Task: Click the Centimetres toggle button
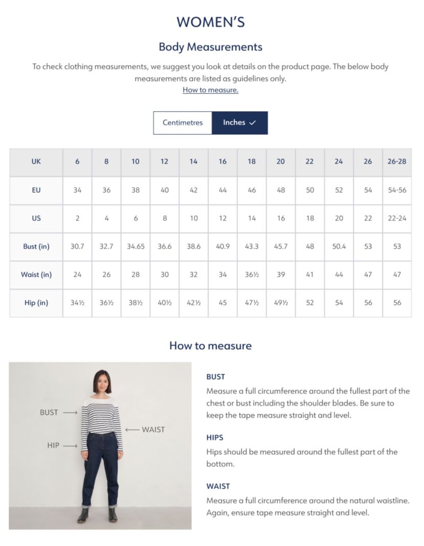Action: click(183, 123)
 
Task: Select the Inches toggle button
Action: click(240, 123)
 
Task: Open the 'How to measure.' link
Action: click(210, 90)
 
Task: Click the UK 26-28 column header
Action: click(397, 162)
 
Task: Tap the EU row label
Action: click(36, 190)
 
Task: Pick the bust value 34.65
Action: click(135, 246)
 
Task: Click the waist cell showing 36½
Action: click(251, 275)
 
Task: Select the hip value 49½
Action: click(281, 303)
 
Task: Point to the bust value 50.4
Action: click(338, 246)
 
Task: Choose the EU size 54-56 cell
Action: click(397, 190)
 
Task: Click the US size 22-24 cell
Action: click(397, 218)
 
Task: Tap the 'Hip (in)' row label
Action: click(36, 303)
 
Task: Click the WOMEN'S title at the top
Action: click(210, 22)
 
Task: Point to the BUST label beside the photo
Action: click(49, 412)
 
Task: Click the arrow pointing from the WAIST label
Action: click(132, 430)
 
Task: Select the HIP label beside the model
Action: click(53, 446)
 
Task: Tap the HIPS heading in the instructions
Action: click(215, 438)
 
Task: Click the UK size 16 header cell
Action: click(222, 162)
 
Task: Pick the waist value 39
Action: click(281, 275)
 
